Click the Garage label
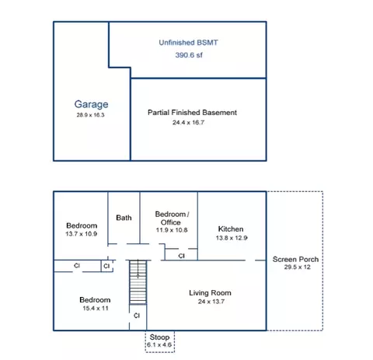pos(91,104)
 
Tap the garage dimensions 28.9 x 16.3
pos(90,115)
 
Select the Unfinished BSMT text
pos(188,43)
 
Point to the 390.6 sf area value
pos(189,55)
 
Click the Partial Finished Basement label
pos(192,113)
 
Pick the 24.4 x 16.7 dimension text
pos(188,122)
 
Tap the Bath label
pos(124,218)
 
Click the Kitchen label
pos(231,229)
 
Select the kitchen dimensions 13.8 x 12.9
pos(232,238)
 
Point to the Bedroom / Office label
pos(172,218)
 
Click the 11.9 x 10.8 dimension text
pos(172,230)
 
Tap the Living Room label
pos(210,293)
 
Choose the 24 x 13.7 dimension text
pos(211,302)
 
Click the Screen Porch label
pos(295,259)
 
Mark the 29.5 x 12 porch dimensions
pos(297,267)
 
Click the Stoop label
pos(159,337)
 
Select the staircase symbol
pos(138,282)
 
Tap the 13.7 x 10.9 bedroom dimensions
pos(82,234)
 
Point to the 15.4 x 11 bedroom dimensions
pos(96,309)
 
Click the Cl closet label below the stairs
pos(137,316)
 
